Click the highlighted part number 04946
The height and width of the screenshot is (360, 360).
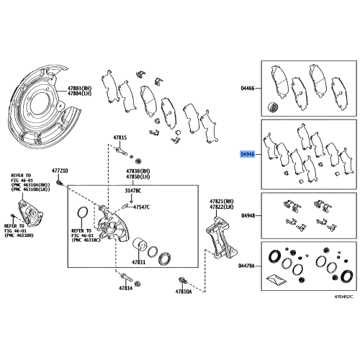point(248,154)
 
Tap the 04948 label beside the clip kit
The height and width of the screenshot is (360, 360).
point(248,215)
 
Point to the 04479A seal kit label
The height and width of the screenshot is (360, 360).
point(247,265)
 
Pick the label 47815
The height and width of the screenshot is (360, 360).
point(119,137)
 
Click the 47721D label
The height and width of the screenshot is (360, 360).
point(59,170)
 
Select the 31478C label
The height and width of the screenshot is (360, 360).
point(133,191)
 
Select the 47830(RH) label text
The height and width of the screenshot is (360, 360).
point(138,171)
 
